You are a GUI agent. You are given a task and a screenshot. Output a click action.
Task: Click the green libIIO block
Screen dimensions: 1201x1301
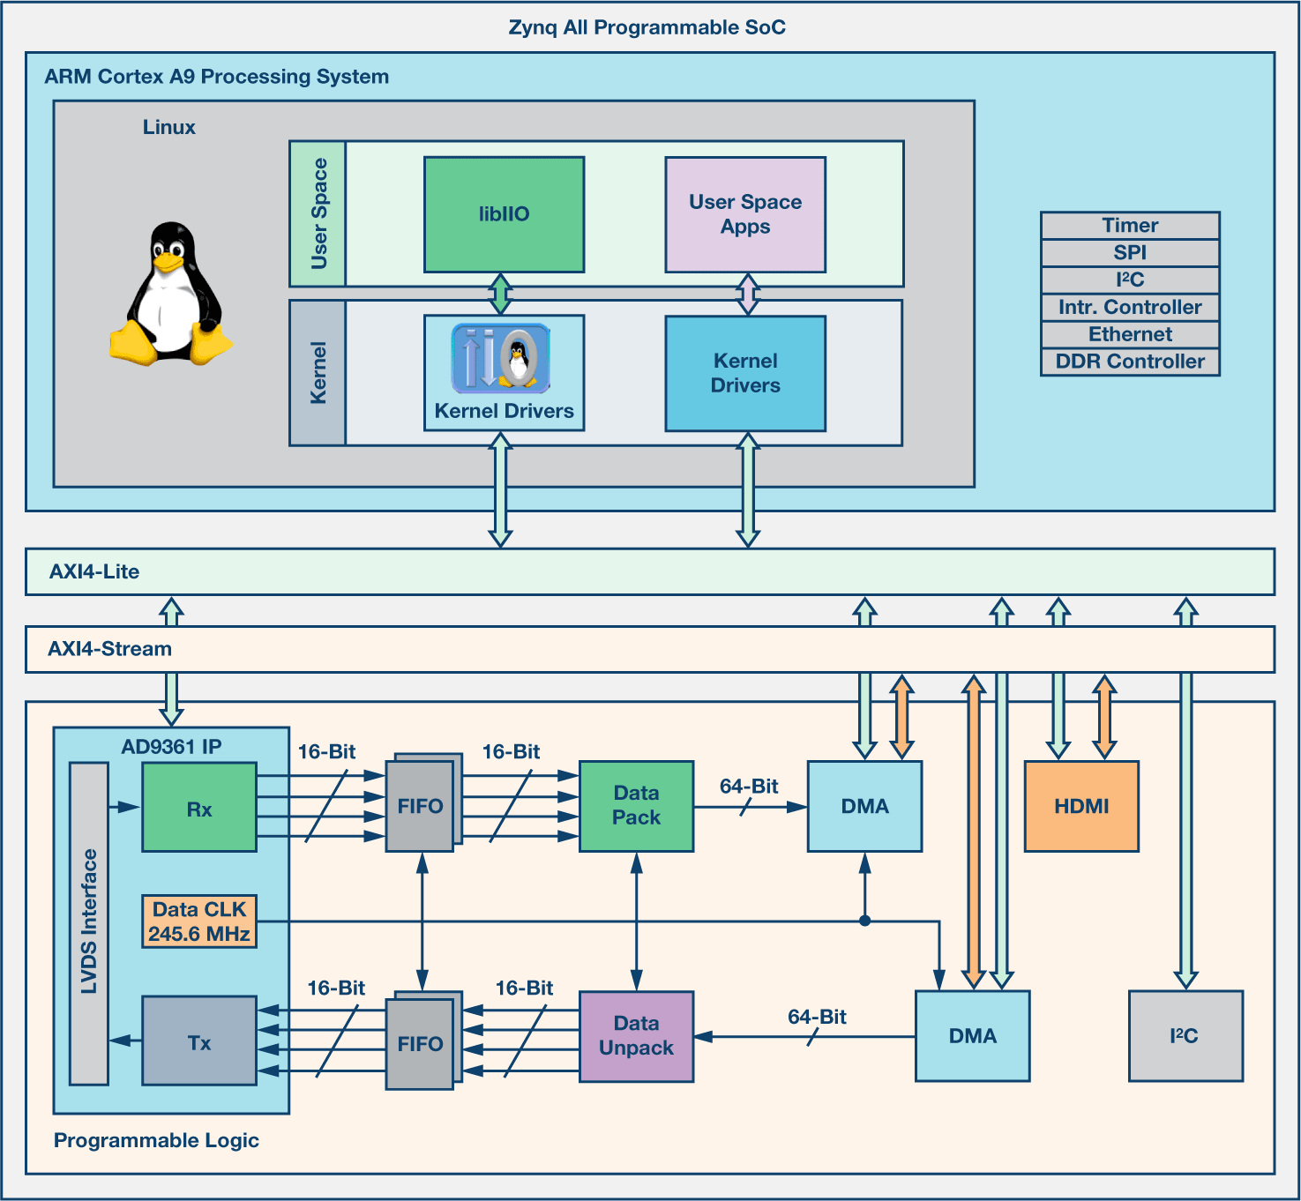click(x=504, y=214)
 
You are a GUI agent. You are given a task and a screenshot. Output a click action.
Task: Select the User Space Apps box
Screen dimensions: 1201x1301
click(x=745, y=214)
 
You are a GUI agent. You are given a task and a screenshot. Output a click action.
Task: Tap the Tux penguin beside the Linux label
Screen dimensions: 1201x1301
click(x=170, y=294)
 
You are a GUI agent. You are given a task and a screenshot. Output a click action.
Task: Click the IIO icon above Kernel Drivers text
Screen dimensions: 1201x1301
click(x=501, y=358)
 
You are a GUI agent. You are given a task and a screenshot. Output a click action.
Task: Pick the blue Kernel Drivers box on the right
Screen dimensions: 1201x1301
click(x=745, y=373)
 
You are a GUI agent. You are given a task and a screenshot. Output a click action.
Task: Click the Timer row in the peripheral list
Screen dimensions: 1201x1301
click(x=1130, y=226)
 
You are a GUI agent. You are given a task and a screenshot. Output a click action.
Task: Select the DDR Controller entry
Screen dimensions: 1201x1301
click(x=1130, y=362)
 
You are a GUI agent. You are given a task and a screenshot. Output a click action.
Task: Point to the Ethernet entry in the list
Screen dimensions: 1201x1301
click(x=1130, y=334)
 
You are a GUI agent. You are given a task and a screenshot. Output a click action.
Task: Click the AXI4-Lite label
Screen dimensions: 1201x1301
click(x=94, y=571)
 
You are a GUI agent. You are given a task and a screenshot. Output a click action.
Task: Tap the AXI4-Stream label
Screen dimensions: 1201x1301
click(x=109, y=649)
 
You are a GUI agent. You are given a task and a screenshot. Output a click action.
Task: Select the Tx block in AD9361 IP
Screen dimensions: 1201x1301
click(x=199, y=1041)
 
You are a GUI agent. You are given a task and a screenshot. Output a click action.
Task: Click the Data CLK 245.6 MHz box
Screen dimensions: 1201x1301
click(x=199, y=921)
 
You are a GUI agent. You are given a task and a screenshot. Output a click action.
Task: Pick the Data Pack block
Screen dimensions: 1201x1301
click(x=636, y=806)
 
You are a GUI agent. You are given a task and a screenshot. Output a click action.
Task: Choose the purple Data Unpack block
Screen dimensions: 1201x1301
click(x=636, y=1036)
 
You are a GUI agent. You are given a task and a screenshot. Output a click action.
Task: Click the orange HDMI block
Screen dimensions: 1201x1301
click(x=1081, y=806)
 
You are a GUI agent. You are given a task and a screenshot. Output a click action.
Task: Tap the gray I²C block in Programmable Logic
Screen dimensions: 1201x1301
click(x=1185, y=1036)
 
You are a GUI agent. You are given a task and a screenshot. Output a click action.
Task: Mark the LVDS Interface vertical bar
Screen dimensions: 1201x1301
click(x=89, y=922)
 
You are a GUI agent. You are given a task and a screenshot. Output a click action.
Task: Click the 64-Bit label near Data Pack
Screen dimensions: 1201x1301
click(x=749, y=786)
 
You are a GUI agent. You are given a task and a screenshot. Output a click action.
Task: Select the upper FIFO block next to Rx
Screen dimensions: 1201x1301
click(x=420, y=806)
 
